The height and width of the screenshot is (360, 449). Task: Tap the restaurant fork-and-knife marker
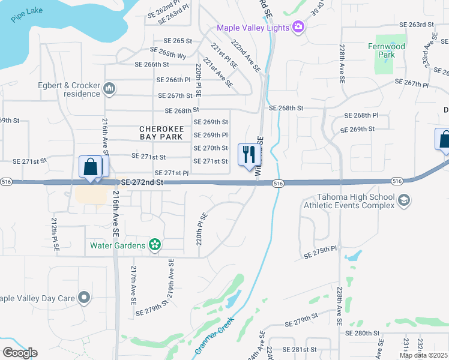[x=249, y=155]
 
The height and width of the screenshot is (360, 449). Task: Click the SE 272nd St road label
[x=142, y=181]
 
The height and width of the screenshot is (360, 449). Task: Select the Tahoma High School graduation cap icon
[x=404, y=200]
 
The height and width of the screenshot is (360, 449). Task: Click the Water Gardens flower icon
[x=155, y=245]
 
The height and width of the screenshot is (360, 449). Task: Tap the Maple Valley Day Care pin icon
[x=84, y=297]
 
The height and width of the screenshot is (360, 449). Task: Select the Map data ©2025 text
[x=423, y=355]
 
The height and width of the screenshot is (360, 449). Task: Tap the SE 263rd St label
[x=417, y=25]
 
